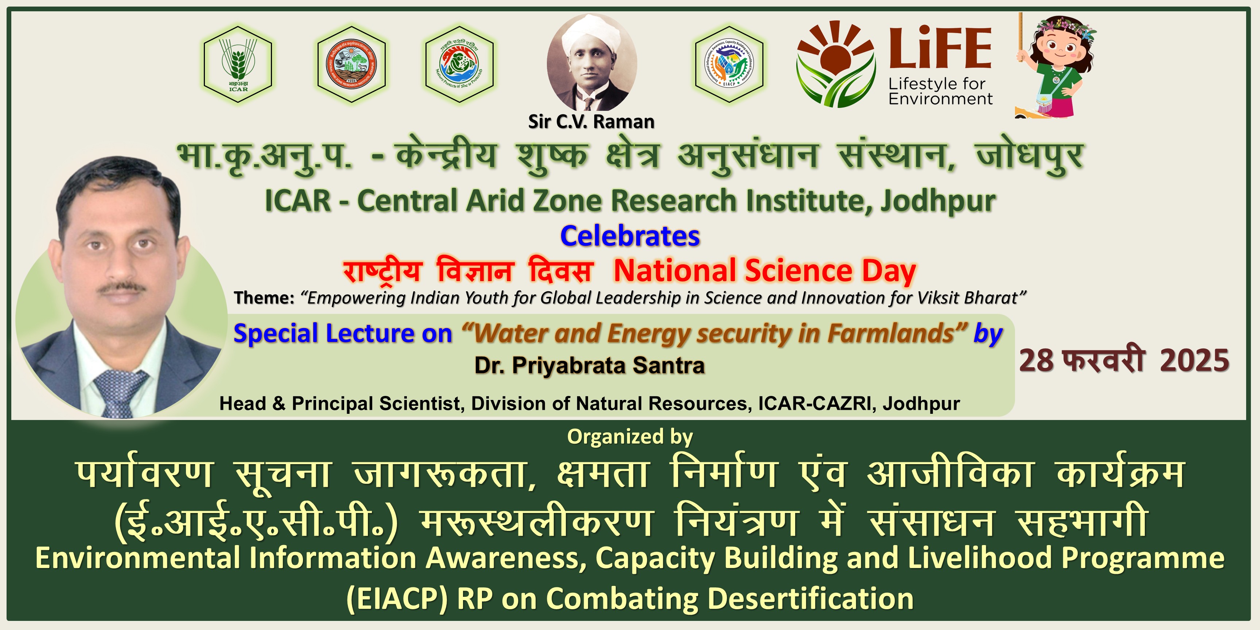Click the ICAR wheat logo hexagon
(238, 64)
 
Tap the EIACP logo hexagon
(729, 64)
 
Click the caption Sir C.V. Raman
(591, 121)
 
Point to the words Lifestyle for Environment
(940, 92)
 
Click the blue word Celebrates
(630, 236)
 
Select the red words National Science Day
(765, 271)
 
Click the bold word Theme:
(264, 297)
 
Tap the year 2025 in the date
(1194, 361)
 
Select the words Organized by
(630, 437)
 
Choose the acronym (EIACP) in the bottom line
(397, 599)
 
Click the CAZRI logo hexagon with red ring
(351, 64)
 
